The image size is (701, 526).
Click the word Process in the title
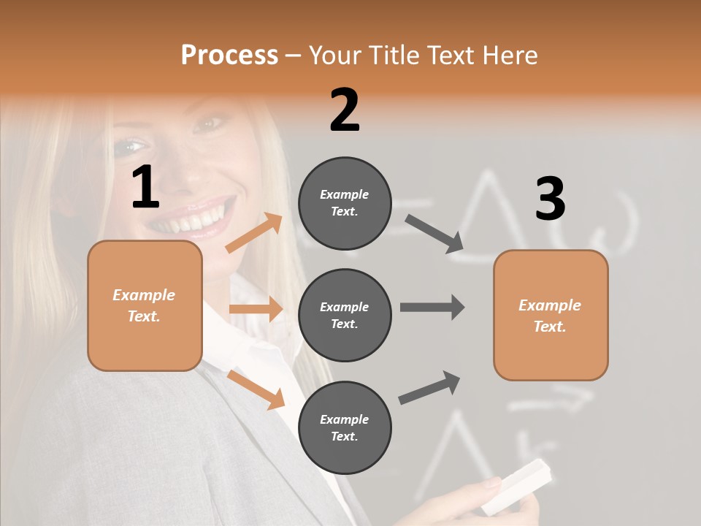[229, 55]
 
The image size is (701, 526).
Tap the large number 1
[145, 187]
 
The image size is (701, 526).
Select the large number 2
[345, 110]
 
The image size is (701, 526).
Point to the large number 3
[550, 199]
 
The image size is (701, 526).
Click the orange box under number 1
[145, 305]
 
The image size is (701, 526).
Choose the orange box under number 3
[551, 315]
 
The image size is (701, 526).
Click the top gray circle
[345, 203]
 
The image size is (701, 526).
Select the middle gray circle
[345, 315]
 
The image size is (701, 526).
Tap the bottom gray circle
[345, 427]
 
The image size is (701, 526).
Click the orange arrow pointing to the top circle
[254, 233]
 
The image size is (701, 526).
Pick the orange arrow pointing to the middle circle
[256, 309]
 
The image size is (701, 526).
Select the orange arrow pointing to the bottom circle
[256, 389]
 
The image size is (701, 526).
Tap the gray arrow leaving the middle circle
[432, 307]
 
